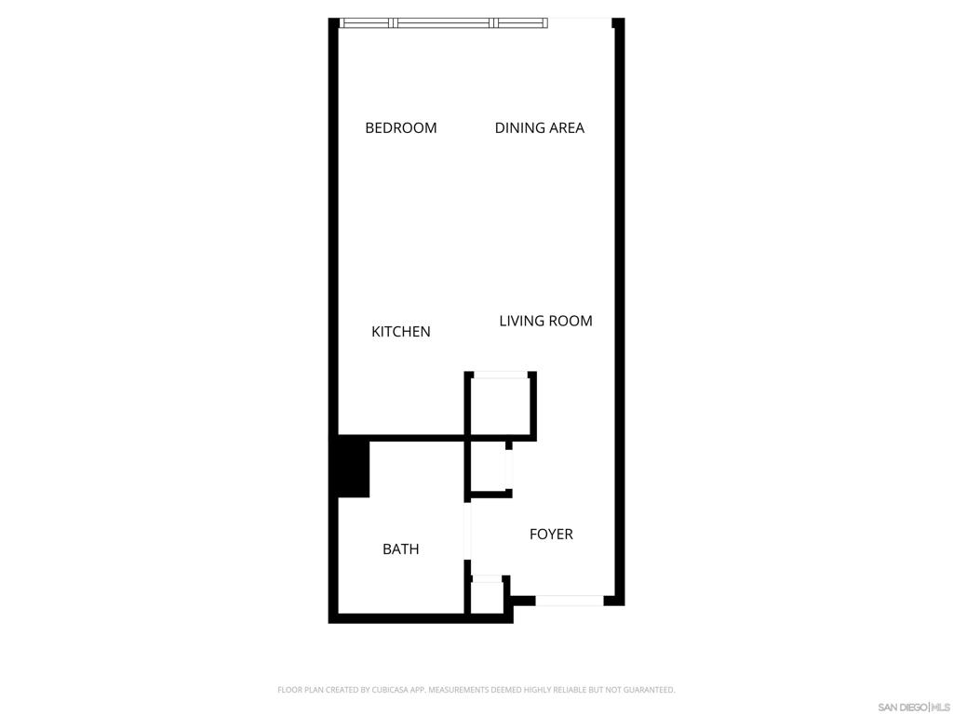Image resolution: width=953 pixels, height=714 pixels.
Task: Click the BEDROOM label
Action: pos(400,128)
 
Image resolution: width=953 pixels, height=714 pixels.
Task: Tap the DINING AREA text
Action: pos(539,128)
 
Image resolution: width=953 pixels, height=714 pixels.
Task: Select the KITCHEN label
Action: pos(400,332)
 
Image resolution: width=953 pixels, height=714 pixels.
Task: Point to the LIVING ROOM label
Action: pos(545,322)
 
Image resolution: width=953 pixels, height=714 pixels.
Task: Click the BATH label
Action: pos(400,549)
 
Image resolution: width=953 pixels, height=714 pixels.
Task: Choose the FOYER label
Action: pos(551,535)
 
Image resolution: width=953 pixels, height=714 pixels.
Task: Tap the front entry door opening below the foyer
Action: pos(569,601)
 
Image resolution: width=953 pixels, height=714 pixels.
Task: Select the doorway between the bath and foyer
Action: pos(467,530)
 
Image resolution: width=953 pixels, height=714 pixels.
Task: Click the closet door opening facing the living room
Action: pos(501,375)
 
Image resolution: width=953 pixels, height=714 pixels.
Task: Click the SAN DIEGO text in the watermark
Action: pos(902,707)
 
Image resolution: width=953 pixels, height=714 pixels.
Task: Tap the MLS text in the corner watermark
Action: pos(941,707)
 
